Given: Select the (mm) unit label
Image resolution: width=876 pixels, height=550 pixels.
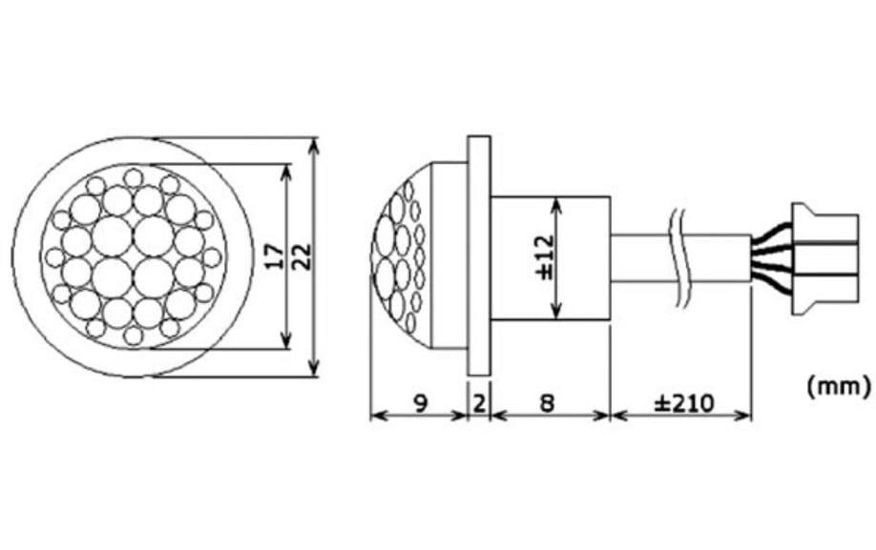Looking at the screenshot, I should [x=838, y=386].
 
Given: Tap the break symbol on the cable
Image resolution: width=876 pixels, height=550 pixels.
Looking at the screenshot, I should [x=678, y=257].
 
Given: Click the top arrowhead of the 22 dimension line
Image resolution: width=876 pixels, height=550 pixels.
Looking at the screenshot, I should [x=315, y=144].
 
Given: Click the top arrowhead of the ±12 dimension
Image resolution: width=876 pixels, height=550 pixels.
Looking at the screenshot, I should [x=558, y=202].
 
